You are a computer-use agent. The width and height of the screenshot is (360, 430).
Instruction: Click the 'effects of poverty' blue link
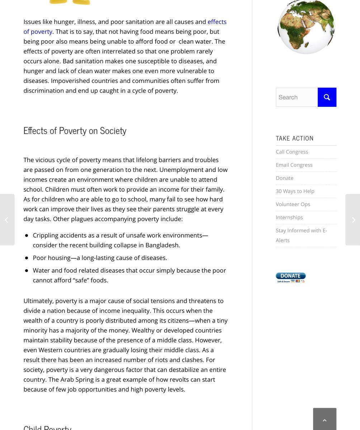217,22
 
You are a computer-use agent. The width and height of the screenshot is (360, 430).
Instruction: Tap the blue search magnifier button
327,97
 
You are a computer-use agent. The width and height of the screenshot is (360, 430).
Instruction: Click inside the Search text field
297,97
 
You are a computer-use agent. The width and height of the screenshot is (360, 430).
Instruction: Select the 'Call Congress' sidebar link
292,152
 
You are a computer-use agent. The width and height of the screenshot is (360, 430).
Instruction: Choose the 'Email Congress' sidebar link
294,165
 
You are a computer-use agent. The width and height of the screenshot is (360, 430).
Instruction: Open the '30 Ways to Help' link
295,191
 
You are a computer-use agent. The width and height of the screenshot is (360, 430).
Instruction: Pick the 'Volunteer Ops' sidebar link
293,204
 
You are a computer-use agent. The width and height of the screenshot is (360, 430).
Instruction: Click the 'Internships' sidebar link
289,218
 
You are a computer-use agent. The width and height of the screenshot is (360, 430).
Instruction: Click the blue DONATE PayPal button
290,277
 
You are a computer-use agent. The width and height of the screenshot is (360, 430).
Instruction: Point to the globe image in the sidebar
306,27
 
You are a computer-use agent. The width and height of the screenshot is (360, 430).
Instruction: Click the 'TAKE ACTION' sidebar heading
294,138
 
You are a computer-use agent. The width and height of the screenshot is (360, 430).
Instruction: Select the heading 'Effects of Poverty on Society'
75,131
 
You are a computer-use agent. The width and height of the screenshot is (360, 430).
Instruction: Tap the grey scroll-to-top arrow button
325,420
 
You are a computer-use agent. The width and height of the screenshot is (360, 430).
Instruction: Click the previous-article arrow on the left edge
7,220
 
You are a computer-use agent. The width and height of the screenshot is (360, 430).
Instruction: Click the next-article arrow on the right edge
353,220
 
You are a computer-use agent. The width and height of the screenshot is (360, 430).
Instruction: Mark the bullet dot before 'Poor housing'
27,258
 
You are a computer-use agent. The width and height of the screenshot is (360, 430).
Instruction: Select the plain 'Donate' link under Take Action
284,178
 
